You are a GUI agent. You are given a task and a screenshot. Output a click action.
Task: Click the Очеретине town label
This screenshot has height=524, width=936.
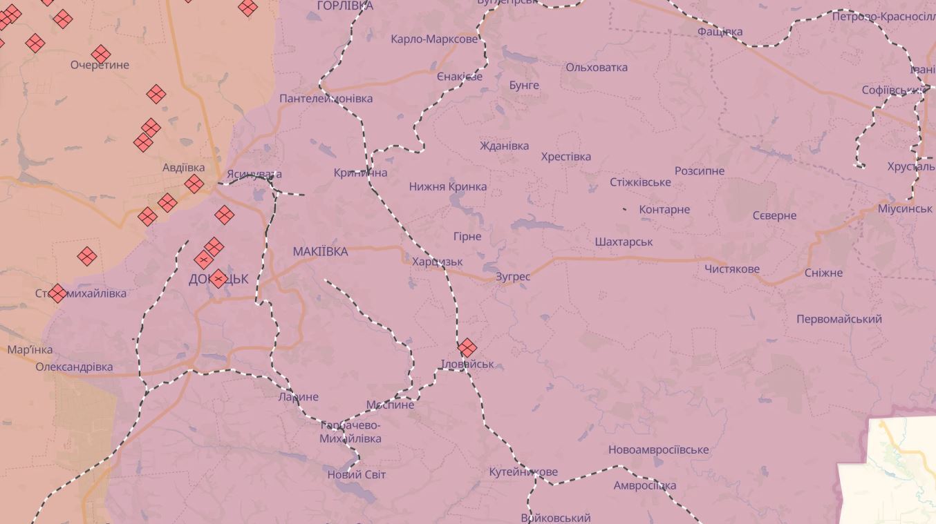100,65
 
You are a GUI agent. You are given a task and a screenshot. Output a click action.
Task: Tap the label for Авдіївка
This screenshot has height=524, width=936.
183,168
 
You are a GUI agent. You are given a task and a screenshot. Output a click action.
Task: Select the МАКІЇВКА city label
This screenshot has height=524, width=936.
320,252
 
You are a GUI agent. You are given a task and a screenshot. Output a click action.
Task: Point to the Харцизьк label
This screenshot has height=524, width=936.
437,262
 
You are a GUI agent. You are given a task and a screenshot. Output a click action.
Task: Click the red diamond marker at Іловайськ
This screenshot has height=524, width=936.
467,347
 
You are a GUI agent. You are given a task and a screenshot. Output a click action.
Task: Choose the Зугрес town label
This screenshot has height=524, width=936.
513,277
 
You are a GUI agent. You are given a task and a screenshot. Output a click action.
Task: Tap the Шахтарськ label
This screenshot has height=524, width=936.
624,242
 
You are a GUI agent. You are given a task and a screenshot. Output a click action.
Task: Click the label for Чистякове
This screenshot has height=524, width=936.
732,269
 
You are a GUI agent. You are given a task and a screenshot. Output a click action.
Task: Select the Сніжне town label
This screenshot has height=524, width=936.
823,273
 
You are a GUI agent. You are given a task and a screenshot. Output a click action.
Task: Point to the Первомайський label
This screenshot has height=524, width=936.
839,319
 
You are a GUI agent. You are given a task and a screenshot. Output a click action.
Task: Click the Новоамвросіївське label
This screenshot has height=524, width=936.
658,450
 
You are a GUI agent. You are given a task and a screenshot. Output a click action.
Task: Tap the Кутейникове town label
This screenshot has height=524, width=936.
523,472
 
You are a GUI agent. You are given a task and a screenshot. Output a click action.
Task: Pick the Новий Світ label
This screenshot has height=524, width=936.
356,475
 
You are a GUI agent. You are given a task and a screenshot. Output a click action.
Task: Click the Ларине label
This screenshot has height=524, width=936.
298,397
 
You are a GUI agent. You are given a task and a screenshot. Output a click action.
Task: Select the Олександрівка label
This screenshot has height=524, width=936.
74,367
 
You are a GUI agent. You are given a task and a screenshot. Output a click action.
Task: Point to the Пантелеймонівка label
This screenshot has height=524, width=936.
326,99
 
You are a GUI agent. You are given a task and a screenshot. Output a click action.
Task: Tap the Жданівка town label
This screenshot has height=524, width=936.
504,146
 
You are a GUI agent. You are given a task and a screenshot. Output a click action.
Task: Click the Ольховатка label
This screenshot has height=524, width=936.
596,68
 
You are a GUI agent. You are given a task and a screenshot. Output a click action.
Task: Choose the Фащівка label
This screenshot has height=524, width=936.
720,32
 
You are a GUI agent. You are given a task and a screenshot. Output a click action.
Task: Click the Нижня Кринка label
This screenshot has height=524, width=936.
447,186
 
